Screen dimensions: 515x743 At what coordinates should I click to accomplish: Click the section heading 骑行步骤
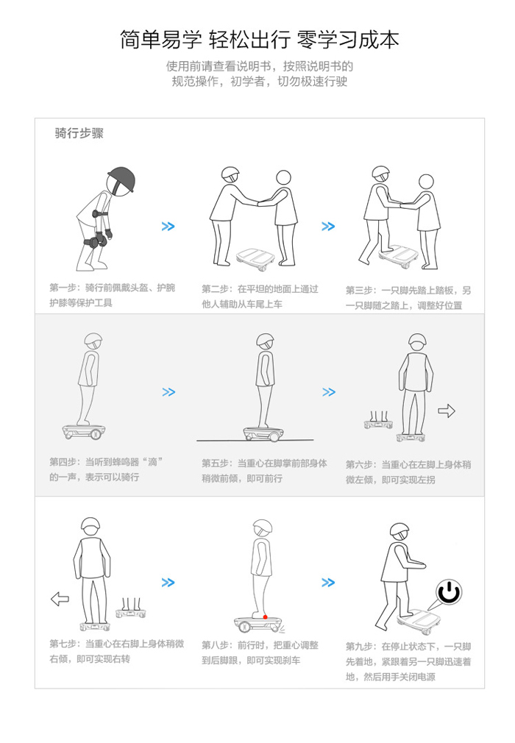pyautogui.click(x=79, y=133)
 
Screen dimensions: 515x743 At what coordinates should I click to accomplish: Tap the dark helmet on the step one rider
pyautogui.click(x=121, y=179)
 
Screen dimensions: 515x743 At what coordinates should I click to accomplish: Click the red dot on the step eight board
pyautogui.click(x=266, y=617)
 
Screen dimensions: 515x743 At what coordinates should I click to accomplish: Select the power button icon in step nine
pyautogui.click(x=449, y=592)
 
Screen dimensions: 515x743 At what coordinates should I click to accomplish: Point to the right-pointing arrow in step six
pyautogui.click(x=447, y=410)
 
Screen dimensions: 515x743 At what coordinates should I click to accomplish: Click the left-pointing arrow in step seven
pyautogui.click(x=60, y=599)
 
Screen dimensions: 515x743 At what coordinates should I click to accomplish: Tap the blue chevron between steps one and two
pyautogui.click(x=168, y=227)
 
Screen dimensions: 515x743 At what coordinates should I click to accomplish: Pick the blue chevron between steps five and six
pyautogui.click(x=329, y=392)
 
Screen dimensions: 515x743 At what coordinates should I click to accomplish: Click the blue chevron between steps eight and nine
pyautogui.click(x=328, y=583)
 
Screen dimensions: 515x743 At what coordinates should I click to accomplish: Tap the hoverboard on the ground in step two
pyautogui.click(x=256, y=257)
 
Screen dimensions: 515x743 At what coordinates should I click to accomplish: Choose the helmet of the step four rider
pyautogui.click(x=93, y=340)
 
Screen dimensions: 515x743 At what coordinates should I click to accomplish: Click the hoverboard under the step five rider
pyautogui.click(x=263, y=433)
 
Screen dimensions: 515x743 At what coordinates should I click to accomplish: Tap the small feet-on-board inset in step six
pyautogui.click(x=378, y=419)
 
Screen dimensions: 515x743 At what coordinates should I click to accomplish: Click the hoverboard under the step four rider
pyautogui.click(x=84, y=431)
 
